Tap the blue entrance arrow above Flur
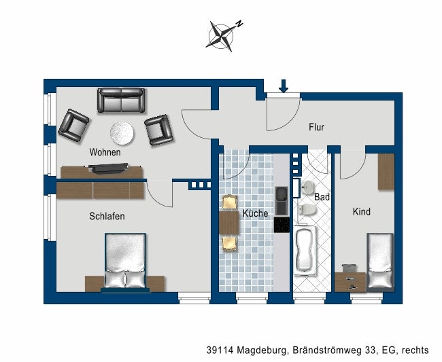(x=284, y=85)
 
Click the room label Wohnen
(x=105, y=152)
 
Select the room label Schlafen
(x=107, y=216)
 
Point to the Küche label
(x=255, y=213)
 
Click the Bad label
(x=322, y=197)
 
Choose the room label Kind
(x=362, y=212)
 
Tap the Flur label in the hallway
(x=316, y=127)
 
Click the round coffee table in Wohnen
(x=122, y=132)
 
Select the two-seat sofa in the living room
(x=121, y=101)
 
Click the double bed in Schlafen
(x=125, y=261)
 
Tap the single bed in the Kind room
(x=379, y=261)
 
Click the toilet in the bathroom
(x=307, y=209)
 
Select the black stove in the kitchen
(x=281, y=225)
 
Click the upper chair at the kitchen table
(x=228, y=202)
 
